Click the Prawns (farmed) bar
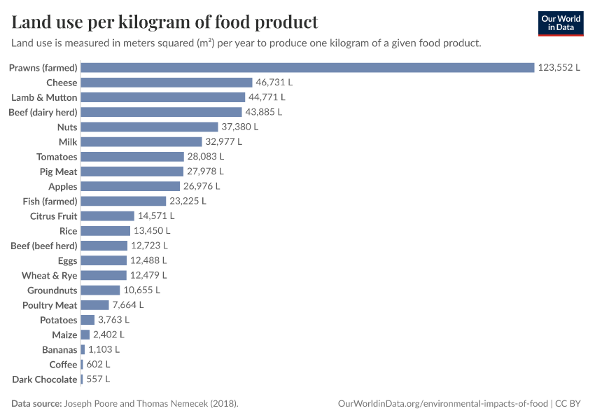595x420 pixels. tap(308, 68)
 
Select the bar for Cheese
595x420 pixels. tap(167, 83)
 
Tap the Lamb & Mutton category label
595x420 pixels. tap(44, 97)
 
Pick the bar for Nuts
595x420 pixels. tap(150, 127)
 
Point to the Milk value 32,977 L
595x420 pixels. tap(223, 141)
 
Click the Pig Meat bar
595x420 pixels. tap(132, 171)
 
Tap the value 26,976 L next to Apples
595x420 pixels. tap(202, 186)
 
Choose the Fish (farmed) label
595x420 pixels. tap(50, 201)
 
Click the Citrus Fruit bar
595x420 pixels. tap(108, 216)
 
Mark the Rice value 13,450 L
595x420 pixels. tap(152, 231)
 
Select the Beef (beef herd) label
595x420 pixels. tap(44, 246)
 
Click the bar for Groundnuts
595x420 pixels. tap(101, 290)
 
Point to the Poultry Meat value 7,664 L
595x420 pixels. tap(128, 305)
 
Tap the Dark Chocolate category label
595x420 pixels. tap(45, 379)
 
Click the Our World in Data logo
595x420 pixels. tap(561, 23)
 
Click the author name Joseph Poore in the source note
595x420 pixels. tap(92, 404)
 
